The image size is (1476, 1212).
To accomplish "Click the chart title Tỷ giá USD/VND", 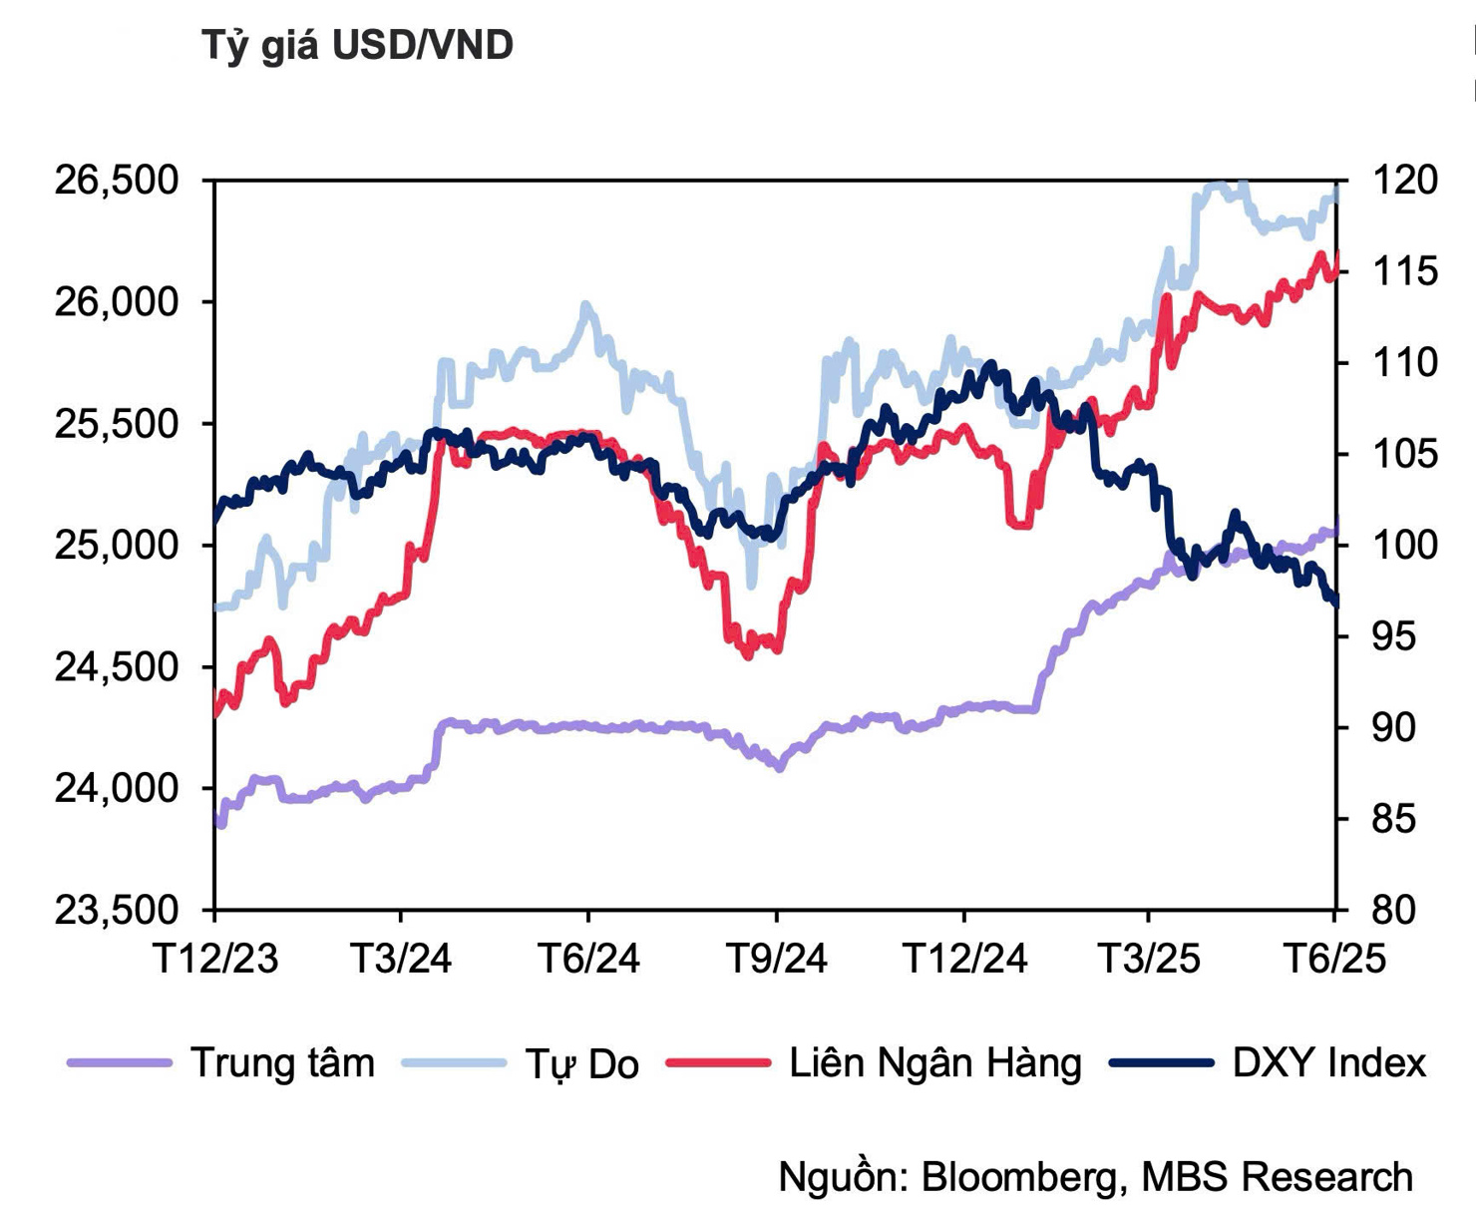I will click(357, 46).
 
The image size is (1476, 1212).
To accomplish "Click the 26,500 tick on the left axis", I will click(117, 181).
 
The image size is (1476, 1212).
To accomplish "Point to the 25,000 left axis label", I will click(117, 546).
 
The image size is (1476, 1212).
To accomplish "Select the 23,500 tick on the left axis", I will click(117, 910).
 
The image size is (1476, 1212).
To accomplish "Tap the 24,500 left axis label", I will click(117, 667).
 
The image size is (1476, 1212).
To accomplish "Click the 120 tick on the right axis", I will click(1405, 181).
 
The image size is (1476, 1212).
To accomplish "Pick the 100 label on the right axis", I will click(1405, 546).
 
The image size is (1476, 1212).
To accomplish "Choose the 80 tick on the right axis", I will click(1394, 910).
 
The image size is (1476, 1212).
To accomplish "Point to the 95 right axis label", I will click(1394, 636).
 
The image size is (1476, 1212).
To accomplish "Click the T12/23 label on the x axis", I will click(215, 959).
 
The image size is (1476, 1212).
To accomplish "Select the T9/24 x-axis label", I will click(776, 959).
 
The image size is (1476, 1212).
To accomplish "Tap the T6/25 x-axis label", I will click(1334, 959).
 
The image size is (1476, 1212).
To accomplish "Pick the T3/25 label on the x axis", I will click(1149, 959).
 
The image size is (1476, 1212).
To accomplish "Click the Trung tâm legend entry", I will click(282, 1063).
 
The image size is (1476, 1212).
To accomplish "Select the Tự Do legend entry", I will click(581, 1064).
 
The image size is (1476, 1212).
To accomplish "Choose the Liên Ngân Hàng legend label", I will click(934, 1063).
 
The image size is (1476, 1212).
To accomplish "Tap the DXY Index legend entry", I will click(1328, 1063).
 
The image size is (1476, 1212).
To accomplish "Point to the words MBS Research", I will click(1277, 1177).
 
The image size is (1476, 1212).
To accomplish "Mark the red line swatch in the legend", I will click(718, 1063).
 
